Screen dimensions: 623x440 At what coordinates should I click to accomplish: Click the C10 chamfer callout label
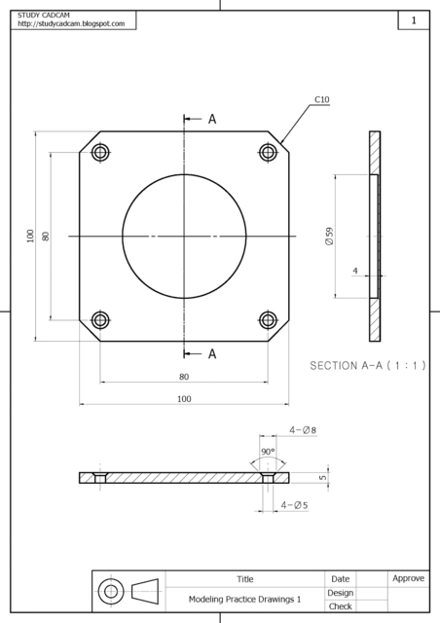(x=322, y=99)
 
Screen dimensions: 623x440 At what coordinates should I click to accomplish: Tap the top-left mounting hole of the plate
(x=99, y=152)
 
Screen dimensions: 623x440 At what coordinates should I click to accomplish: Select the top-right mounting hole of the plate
(x=269, y=152)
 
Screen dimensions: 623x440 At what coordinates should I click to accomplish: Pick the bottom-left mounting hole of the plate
(x=99, y=319)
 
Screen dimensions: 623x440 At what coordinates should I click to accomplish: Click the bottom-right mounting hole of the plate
(x=269, y=319)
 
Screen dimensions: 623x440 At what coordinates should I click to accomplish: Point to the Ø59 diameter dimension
(x=330, y=236)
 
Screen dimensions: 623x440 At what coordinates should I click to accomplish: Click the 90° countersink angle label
(x=268, y=452)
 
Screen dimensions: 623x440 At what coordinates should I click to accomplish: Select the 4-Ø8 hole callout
(x=304, y=429)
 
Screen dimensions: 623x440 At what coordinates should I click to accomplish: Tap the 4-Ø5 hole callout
(x=295, y=505)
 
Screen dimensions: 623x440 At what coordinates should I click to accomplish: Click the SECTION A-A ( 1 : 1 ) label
(x=367, y=366)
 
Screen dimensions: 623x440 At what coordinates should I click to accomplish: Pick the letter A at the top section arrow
(x=212, y=119)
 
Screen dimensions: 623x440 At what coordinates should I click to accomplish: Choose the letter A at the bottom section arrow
(x=212, y=354)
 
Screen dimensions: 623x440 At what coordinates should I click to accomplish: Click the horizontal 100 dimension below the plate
(x=184, y=399)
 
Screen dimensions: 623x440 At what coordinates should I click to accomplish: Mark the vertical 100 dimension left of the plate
(x=31, y=236)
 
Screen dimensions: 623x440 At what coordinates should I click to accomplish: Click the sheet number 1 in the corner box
(x=414, y=20)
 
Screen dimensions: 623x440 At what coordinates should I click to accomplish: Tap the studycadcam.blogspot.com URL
(x=71, y=23)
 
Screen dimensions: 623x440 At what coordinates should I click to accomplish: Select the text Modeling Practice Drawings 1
(x=245, y=600)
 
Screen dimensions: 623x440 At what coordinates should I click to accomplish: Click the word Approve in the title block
(x=408, y=578)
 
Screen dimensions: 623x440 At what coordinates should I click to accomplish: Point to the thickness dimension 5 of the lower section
(x=323, y=478)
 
